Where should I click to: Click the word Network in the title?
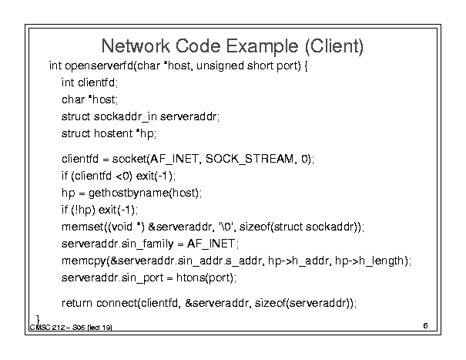pyautogui.click(x=136, y=45)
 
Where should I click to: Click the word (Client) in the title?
pyautogui.click(x=334, y=46)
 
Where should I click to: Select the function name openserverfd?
pyautogui.click(x=99, y=66)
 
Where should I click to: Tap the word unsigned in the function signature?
pyautogui.click(x=220, y=66)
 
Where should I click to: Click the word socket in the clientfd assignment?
pyautogui.click(x=129, y=159)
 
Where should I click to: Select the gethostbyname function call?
pyautogui.click(x=143, y=193)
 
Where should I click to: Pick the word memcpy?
pyautogui.click(x=84, y=261)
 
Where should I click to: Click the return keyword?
pyautogui.click(x=77, y=303)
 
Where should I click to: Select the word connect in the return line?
pyautogui.click(x=117, y=303)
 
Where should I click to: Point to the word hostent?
pyautogui.click(x=113, y=133)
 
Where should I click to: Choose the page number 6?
pyautogui.click(x=425, y=326)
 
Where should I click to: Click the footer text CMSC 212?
pyautogui.click(x=47, y=328)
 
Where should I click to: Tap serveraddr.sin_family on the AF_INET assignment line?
pyautogui.click(x=117, y=244)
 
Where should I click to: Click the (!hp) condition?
pyautogui.click(x=83, y=210)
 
